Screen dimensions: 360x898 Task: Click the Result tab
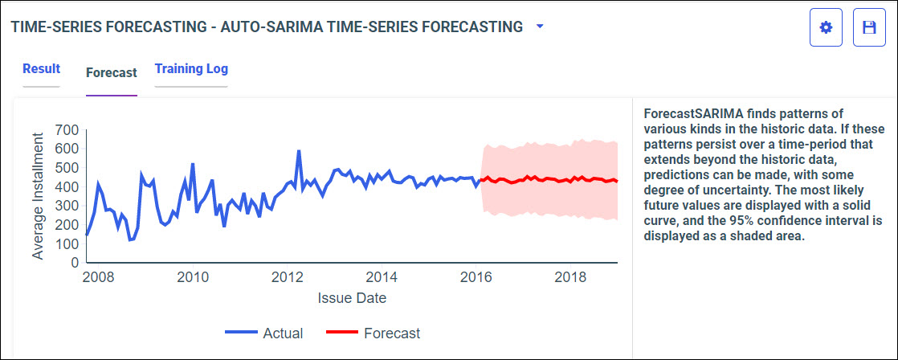pyautogui.click(x=41, y=69)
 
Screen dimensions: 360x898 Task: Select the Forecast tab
pyautogui.click(x=111, y=72)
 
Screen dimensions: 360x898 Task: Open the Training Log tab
pyautogui.click(x=191, y=69)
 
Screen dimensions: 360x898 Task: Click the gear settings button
pyautogui.click(x=826, y=27)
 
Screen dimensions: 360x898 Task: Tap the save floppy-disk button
pyautogui.click(x=868, y=27)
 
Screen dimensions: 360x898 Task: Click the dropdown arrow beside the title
pyautogui.click(x=540, y=27)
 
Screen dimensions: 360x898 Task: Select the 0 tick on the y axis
pyautogui.click(x=74, y=262)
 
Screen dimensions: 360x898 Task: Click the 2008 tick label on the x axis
pyautogui.click(x=98, y=278)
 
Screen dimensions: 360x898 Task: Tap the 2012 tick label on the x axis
pyautogui.click(x=287, y=278)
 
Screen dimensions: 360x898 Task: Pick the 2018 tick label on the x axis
pyautogui.click(x=570, y=278)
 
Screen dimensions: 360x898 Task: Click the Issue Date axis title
pyautogui.click(x=352, y=298)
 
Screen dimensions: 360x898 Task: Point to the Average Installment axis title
pyautogui.click(x=39, y=196)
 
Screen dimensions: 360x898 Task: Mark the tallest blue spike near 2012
pyautogui.click(x=299, y=151)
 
